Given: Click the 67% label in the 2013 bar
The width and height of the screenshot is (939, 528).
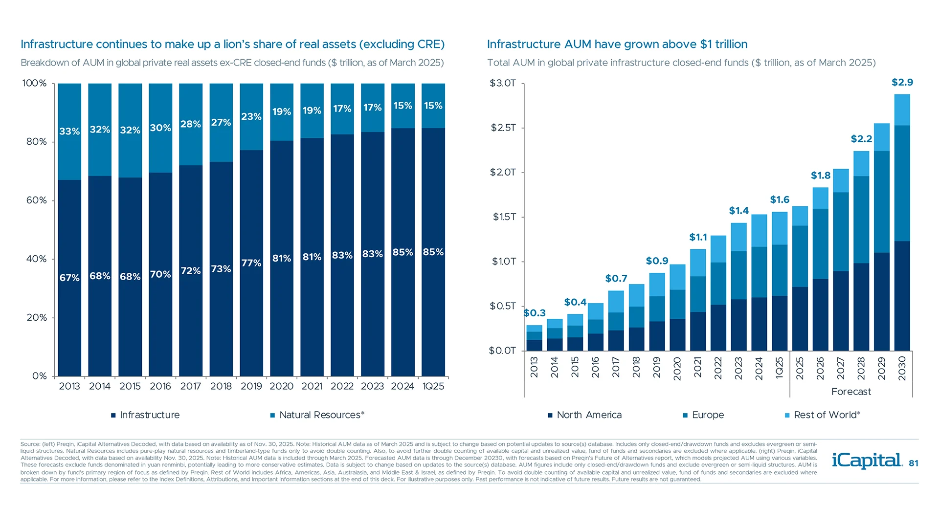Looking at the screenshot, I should click(x=69, y=278).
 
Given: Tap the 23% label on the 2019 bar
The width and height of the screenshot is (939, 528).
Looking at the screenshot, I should click(x=251, y=117).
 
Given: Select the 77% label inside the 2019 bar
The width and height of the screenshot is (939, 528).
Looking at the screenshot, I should click(x=251, y=263).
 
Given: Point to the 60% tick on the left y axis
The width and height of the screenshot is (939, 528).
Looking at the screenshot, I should click(x=36, y=200).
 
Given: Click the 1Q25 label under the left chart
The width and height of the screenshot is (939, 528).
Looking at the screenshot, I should click(x=433, y=386).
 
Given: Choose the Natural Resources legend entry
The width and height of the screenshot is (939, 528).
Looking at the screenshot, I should click(x=318, y=415).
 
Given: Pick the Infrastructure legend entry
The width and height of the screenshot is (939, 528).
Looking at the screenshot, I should click(x=146, y=415).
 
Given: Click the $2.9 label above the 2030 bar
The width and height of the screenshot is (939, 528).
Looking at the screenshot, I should click(x=902, y=83).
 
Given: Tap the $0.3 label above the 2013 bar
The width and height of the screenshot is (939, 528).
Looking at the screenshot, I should click(x=535, y=313).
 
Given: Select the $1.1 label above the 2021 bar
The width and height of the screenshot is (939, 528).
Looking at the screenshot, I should click(x=698, y=237).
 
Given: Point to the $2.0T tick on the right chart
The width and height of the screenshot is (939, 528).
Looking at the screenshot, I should click(x=503, y=172).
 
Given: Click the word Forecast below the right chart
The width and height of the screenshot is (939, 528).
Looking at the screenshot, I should click(x=851, y=392).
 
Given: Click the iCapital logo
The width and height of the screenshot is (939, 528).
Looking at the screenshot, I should click(x=867, y=461).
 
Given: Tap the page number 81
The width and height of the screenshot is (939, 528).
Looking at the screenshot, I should click(x=914, y=463).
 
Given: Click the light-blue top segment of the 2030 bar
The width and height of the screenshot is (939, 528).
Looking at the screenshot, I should click(x=902, y=110).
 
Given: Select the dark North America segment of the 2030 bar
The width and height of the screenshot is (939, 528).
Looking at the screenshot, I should click(x=902, y=296).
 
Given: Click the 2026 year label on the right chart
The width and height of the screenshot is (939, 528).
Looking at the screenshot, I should click(x=820, y=368).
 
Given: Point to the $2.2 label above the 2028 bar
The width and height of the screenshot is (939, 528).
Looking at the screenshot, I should click(x=861, y=139).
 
